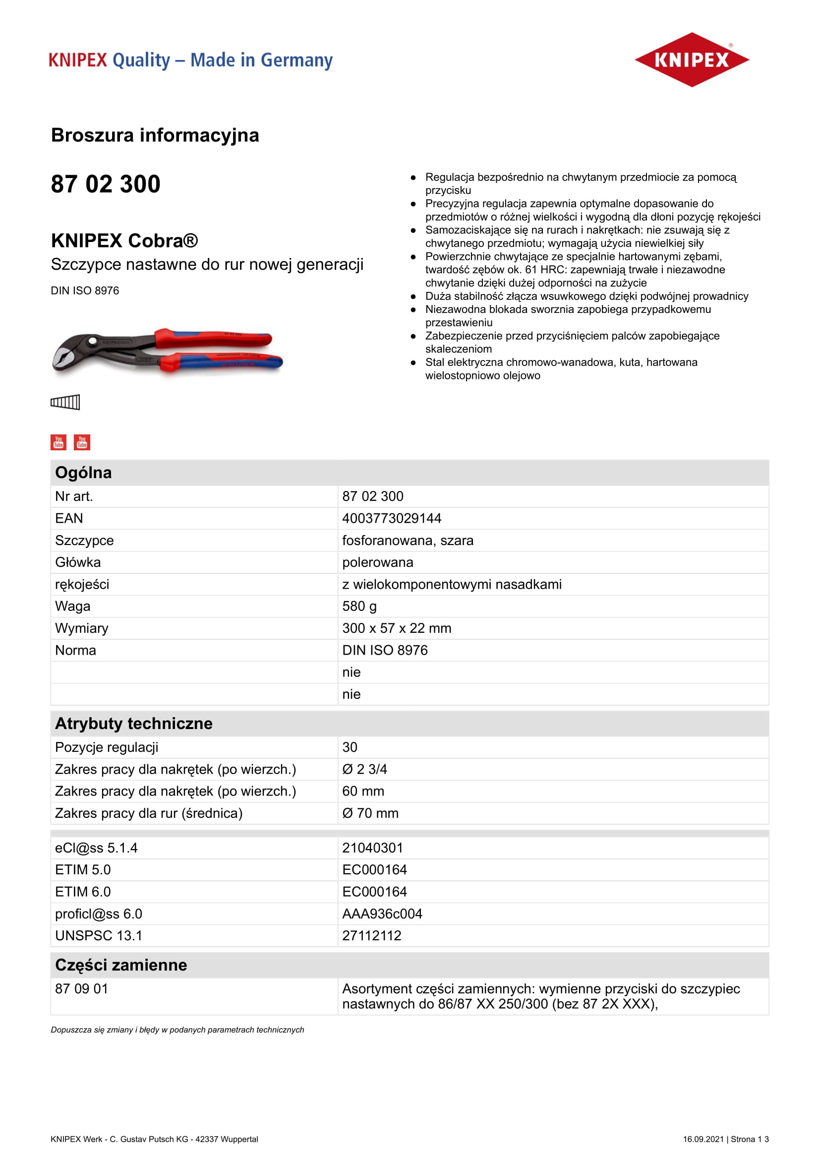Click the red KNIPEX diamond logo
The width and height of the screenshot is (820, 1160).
click(691, 60)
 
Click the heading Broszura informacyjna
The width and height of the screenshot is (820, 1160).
click(155, 135)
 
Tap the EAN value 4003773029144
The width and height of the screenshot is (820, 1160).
click(391, 518)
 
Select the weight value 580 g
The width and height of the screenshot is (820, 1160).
click(359, 606)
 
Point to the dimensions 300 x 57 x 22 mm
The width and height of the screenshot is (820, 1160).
click(397, 628)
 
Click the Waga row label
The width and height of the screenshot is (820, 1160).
click(73, 606)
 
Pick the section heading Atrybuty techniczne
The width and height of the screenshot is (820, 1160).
click(134, 724)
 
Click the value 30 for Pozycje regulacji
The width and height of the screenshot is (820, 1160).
click(350, 747)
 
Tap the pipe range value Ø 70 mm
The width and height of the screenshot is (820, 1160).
click(370, 813)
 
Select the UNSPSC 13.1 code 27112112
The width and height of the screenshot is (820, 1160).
click(372, 936)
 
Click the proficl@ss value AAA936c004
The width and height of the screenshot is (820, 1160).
click(382, 914)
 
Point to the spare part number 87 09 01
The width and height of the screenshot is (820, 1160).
click(81, 989)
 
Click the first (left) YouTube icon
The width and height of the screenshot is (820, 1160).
click(59, 442)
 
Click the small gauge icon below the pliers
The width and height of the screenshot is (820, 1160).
click(65, 402)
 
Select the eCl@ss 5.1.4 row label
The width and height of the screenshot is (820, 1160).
click(96, 848)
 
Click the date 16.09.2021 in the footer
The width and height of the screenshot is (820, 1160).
click(703, 1139)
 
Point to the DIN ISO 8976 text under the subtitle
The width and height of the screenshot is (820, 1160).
click(85, 291)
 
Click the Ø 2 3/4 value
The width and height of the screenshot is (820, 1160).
click(364, 769)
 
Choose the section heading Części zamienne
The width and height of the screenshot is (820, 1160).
click(120, 965)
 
